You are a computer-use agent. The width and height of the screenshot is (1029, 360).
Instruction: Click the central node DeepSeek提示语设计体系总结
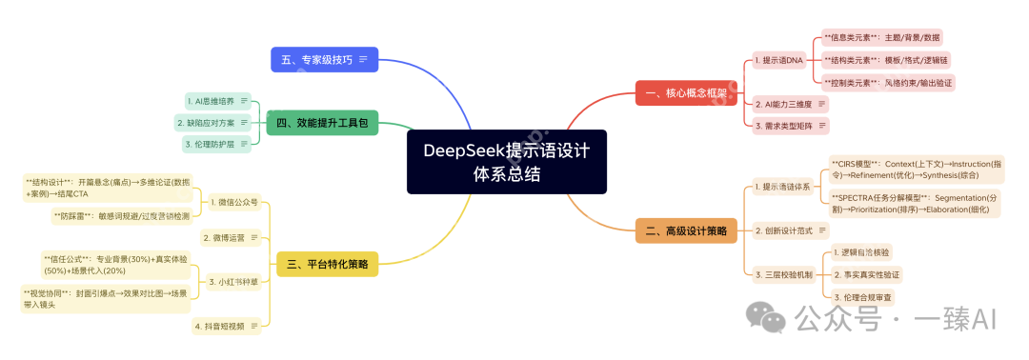(506, 162)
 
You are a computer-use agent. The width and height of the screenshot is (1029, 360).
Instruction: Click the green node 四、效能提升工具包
(322, 122)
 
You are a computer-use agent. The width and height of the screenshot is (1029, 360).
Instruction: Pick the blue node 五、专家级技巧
(324, 59)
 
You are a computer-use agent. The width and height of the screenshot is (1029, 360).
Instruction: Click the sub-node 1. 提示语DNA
(778, 60)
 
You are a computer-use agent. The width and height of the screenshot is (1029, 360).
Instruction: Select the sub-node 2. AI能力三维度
(782, 103)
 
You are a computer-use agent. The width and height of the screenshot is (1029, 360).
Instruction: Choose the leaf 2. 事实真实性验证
(865, 274)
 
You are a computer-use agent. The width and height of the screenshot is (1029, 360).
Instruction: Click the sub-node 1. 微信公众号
(233, 203)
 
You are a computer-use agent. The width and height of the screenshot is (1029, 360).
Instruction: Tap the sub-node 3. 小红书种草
(233, 281)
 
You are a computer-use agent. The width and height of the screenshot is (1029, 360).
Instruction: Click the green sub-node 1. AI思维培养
(212, 100)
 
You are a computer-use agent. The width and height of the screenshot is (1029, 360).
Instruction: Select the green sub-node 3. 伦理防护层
(212, 144)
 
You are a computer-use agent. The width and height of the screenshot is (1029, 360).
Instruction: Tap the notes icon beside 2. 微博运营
(254, 237)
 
